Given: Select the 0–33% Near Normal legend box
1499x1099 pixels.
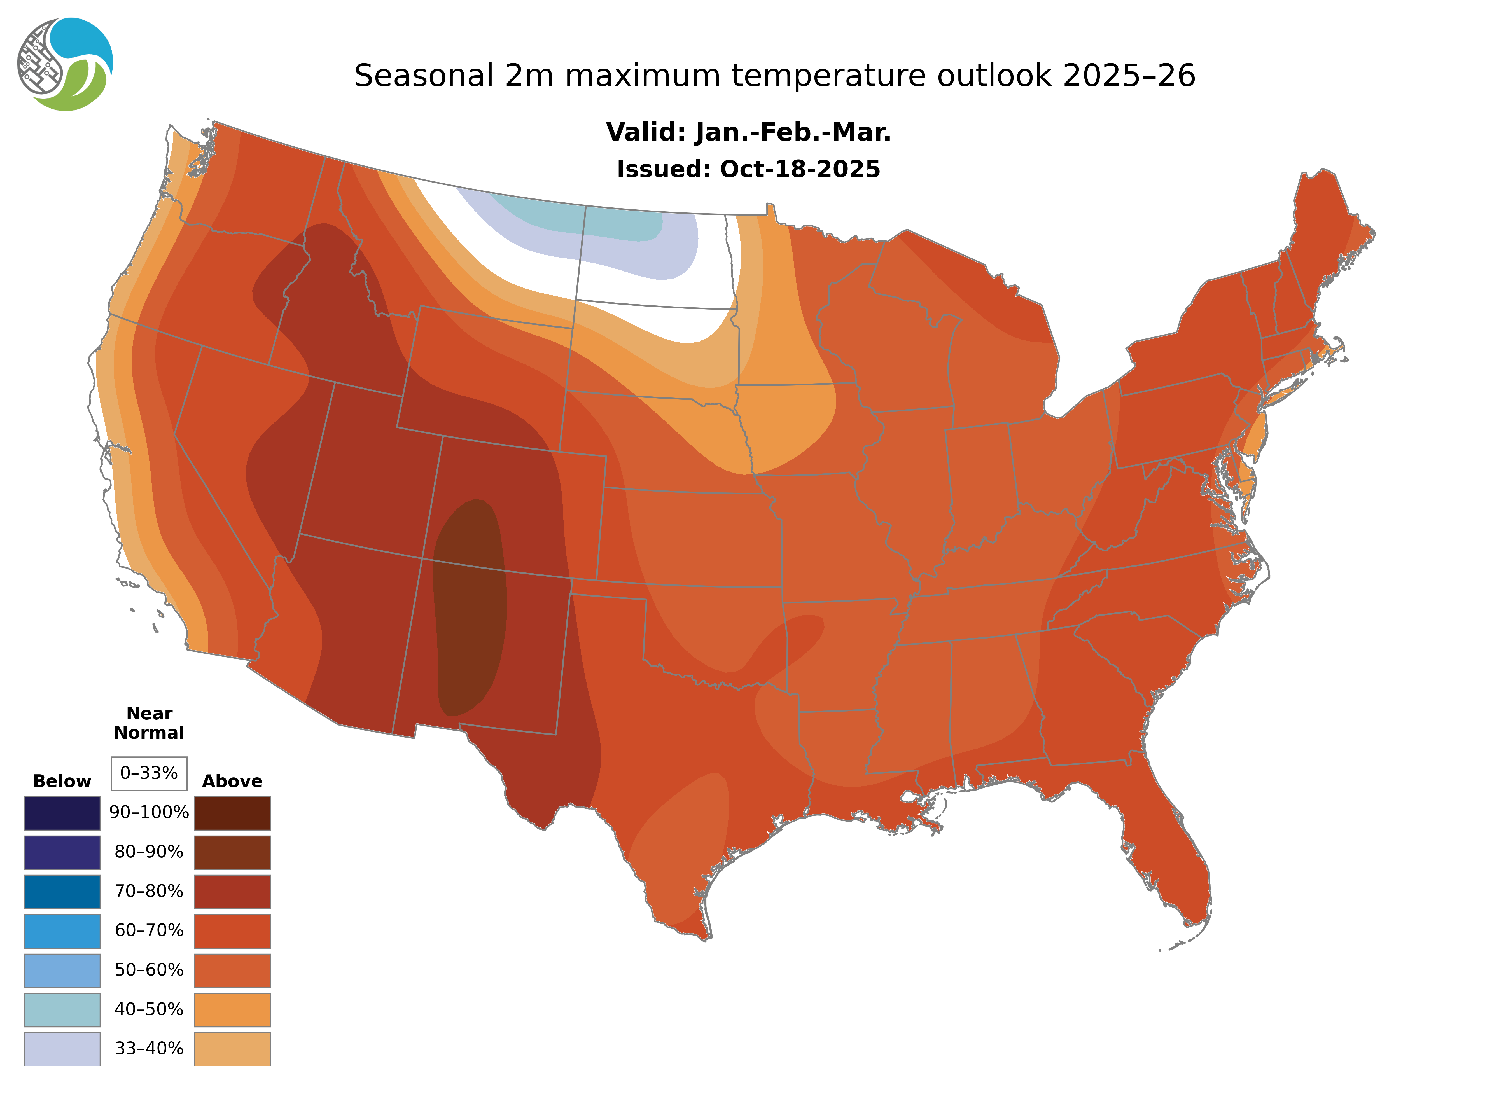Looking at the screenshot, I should click(149, 773).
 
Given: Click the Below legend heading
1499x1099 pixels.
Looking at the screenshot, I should click(62, 781).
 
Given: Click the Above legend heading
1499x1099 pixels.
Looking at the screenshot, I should click(232, 781).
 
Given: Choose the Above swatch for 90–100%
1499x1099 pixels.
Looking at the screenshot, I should click(232, 813).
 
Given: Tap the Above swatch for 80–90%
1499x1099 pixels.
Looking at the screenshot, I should click(232, 852).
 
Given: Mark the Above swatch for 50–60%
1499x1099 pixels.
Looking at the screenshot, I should click(232, 970).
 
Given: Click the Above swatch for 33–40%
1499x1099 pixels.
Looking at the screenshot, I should click(232, 1048).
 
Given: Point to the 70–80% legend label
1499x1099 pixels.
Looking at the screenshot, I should click(149, 892).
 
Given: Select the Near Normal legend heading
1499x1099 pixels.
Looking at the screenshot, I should click(149, 723).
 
